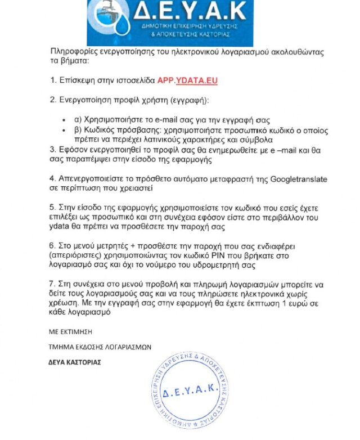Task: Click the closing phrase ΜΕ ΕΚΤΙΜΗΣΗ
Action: pyautogui.click(x=70, y=331)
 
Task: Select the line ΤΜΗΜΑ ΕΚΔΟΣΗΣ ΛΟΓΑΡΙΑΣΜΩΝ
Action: pyautogui.click(x=100, y=347)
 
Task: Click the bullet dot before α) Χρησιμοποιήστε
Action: pyautogui.click(x=67, y=120)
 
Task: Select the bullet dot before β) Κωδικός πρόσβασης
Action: pyautogui.click(x=67, y=129)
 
